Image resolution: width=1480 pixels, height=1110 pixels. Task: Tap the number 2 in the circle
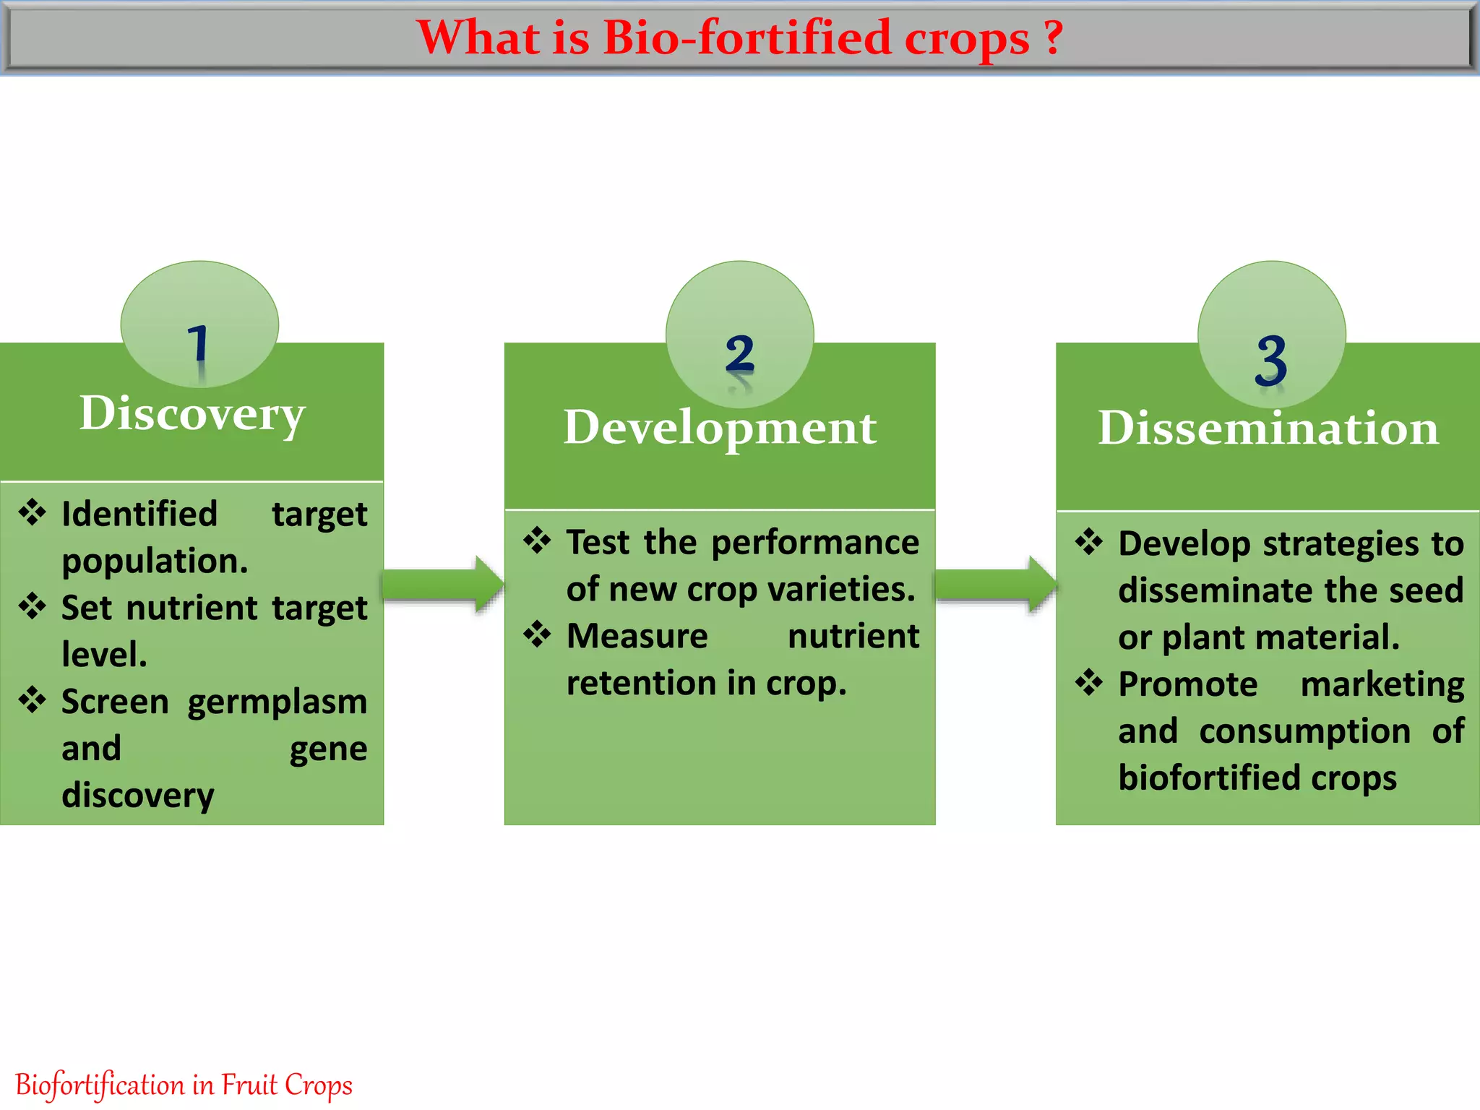[x=740, y=355]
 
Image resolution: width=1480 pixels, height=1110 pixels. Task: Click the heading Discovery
[x=192, y=414]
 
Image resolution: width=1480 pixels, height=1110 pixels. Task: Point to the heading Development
[x=720, y=428]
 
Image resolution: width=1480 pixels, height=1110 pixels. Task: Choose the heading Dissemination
[x=1268, y=429]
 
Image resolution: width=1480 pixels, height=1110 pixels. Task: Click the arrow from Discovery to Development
[x=443, y=584]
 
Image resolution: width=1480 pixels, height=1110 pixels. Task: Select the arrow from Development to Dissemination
[x=996, y=584]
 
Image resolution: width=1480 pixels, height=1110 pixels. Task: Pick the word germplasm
[x=277, y=702]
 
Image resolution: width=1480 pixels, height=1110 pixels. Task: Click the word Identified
[x=139, y=515]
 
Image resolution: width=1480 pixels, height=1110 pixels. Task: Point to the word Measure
[x=637, y=637]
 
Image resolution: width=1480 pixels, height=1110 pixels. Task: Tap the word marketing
[x=1382, y=684]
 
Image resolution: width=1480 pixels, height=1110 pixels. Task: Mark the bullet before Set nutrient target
[x=33, y=606]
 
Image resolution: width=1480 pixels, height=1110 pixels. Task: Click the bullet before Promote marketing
[x=1089, y=681]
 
